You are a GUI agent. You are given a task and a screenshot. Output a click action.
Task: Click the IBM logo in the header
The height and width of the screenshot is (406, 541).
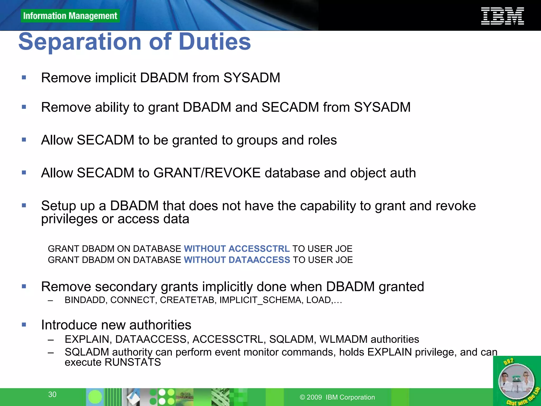[502, 16]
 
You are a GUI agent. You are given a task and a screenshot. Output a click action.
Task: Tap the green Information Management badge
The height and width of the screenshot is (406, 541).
[70, 16]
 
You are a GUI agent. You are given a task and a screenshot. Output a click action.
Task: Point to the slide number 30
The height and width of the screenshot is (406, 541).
[52, 394]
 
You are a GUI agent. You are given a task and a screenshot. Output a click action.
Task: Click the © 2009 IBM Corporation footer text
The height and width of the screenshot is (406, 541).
[337, 397]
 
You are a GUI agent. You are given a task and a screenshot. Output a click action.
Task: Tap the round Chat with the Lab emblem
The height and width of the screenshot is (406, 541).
[516, 381]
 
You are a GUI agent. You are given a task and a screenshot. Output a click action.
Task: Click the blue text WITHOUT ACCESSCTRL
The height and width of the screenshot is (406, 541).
[237, 249]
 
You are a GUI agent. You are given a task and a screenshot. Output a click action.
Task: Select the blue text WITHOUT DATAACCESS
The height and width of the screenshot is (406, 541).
[237, 260]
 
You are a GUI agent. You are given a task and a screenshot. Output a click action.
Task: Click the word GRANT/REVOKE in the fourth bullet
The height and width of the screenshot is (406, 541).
[207, 173]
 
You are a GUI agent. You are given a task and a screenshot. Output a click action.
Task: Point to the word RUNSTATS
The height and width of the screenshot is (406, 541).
[133, 362]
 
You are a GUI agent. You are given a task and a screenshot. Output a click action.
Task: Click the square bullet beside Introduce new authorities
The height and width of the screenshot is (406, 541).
[24, 325]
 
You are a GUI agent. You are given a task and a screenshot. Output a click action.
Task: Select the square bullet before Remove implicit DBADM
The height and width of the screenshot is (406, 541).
[24, 77]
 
